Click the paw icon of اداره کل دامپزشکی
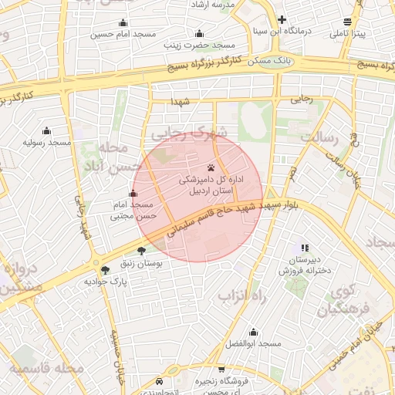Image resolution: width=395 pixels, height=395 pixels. click(x=211, y=167)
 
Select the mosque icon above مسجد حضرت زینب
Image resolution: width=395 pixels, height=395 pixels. click(x=200, y=33)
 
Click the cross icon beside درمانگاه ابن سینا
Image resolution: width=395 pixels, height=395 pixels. click(x=282, y=20)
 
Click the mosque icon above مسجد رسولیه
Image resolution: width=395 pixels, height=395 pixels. click(x=46, y=130)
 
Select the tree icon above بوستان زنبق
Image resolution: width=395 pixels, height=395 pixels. click(x=141, y=251)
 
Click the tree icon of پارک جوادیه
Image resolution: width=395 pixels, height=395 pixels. click(x=105, y=269)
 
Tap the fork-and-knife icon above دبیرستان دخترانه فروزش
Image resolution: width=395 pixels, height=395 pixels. click(x=305, y=248)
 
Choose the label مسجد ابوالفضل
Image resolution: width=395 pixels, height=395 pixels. click(x=252, y=342)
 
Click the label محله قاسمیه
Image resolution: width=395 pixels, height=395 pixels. click(x=46, y=368)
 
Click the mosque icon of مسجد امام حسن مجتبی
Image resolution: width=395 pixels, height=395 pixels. click(x=133, y=193)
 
